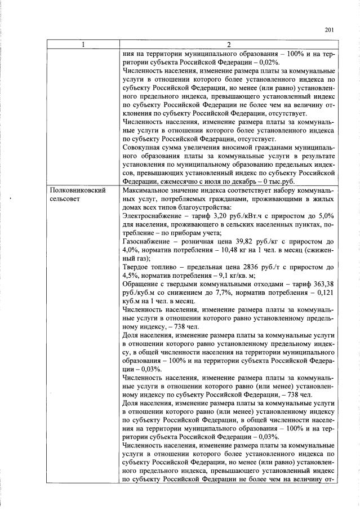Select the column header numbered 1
tap(83, 45)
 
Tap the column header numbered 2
tap(228, 45)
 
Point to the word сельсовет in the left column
tap(66, 199)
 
